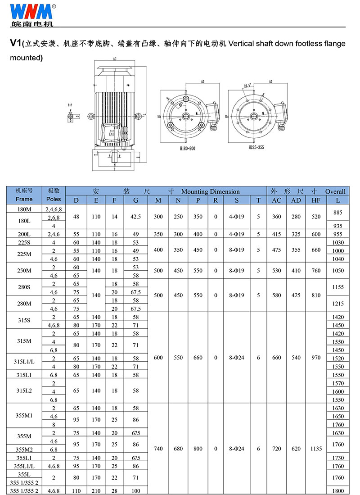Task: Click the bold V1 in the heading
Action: coord(16,44)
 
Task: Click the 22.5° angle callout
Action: coord(247,85)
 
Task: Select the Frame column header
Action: coord(24,199)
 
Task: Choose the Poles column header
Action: coord(54,199)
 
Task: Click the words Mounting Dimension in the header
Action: coord(211,191)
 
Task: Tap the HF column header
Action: coord(316,200)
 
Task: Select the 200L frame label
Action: coord(24,234)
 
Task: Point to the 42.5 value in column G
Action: coord(135,217)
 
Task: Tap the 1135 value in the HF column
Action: coord(316,449)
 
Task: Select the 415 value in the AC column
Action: coord(276,234)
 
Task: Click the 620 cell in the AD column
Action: coord(296,449)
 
